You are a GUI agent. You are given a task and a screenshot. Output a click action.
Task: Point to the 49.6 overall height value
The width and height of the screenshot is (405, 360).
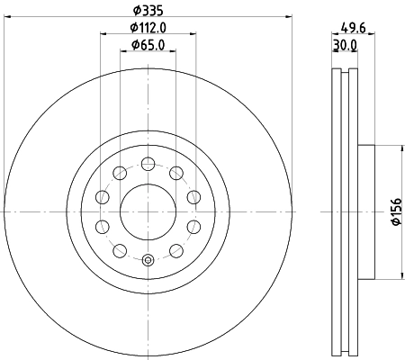coord(352,26)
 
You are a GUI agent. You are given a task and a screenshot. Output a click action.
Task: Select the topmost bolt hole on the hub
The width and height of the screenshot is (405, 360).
coord(147,164)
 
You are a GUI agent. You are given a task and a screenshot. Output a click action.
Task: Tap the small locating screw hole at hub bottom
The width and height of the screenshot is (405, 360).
coord(147,261)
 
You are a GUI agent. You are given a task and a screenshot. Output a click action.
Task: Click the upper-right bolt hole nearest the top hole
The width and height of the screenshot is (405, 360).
coord(176,174)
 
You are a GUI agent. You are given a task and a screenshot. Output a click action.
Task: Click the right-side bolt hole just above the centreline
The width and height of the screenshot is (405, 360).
coord(193,198)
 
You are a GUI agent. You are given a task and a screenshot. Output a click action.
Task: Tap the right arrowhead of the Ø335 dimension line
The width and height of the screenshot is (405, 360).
coord(288,16)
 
